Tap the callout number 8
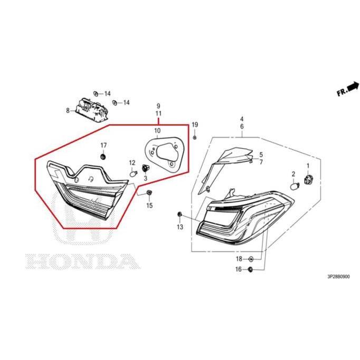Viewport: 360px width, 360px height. (68, 110)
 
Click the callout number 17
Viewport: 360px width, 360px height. (103, 145)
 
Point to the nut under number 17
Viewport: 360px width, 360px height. (103, 157)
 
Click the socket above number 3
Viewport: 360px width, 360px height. (145, 168)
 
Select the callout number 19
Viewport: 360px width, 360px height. (195, 125)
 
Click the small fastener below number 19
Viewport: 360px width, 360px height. (195, 138)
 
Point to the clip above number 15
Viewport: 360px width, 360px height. (149, 192)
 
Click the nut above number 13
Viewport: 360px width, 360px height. (179, 214)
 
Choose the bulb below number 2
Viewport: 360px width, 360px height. (295, 185)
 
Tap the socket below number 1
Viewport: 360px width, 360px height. (308, 178)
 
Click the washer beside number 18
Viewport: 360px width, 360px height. (251, 259)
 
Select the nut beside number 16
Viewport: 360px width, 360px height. (251, 269)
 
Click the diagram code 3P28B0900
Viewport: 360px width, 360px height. (339, 277)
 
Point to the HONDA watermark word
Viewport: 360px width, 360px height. (83, 261)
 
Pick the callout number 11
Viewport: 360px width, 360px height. (158, 113)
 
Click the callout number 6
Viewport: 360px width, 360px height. (242, 127)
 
